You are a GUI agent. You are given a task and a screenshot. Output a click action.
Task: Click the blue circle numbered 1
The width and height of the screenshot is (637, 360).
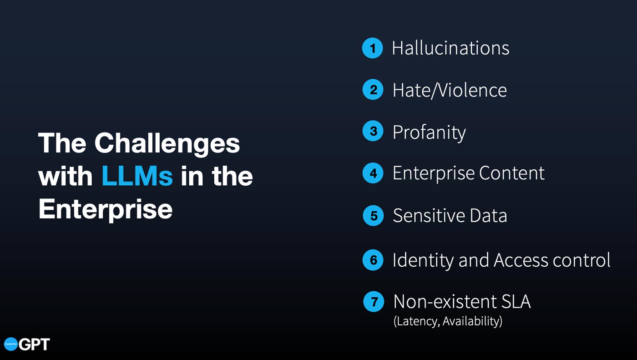tap(373, 48)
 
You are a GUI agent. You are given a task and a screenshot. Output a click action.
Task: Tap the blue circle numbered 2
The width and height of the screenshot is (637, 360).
tap(373, 90)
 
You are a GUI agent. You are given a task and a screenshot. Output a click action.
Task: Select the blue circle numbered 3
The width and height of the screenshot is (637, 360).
tap(373, 131)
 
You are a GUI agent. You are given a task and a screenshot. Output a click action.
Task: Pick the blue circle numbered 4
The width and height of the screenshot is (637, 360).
tap(373, 173)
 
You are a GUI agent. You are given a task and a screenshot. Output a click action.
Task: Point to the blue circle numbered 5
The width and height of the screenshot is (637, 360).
tap(373, 216)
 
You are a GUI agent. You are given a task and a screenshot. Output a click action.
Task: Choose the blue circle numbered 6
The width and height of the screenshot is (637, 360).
tap(373, 260)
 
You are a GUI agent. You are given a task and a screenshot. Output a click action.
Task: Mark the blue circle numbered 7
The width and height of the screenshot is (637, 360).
tap(374, 302)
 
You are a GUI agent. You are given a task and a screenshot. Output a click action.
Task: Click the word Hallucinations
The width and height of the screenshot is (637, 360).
tap(451, 48)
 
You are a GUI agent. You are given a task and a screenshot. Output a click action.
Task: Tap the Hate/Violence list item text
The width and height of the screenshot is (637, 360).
tap(450, 91)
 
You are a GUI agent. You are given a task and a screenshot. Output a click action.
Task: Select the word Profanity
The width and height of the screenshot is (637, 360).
tap(429, 132)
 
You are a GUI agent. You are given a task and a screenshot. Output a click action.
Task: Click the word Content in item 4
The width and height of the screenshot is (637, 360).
tap(511, 173)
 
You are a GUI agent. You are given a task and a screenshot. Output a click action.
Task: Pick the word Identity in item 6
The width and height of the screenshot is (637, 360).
tap(423, 260)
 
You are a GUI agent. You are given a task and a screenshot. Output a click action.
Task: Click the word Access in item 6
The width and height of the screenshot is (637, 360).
tap(521, 260)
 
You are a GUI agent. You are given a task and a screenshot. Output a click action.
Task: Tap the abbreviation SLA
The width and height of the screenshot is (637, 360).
tap(516, 301)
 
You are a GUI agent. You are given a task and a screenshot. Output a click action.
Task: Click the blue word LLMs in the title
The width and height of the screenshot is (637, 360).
tap(137, 176)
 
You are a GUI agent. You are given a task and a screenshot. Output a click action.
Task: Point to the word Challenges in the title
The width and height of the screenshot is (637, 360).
tap(167, 144)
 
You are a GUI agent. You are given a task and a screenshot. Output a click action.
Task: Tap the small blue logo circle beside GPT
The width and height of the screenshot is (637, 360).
tap(11, 344)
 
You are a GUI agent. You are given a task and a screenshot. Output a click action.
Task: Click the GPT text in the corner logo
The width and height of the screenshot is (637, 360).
tap(34, 344)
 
